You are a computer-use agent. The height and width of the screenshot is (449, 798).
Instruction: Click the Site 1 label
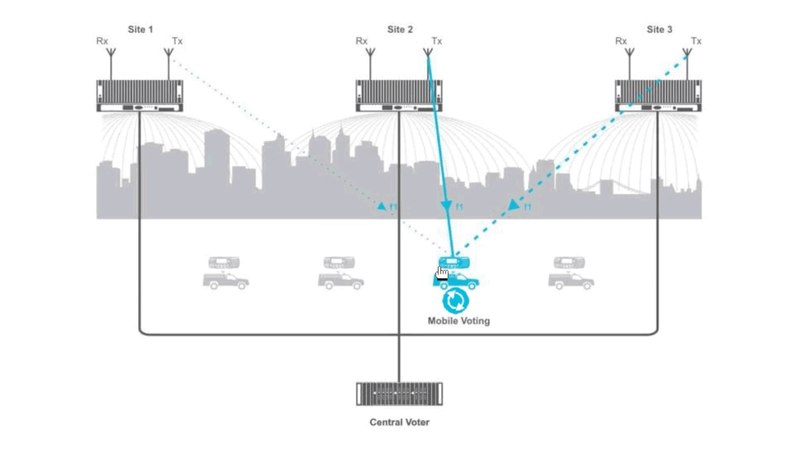coord(140,30)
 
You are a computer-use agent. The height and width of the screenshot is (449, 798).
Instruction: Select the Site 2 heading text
coord(400,30)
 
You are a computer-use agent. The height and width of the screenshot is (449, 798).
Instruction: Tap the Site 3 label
coord(659,30)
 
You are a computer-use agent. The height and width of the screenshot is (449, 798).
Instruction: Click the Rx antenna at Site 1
coord(111,53)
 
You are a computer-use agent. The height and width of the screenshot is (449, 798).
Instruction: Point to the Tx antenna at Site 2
coord(428,53)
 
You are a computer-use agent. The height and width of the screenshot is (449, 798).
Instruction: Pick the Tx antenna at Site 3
coord(687,53)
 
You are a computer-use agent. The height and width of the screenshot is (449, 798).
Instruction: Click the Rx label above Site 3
coord(621,41)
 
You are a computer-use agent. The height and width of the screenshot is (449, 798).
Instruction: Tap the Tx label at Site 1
coord(177,41)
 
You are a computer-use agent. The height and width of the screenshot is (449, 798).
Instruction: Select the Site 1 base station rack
coord(140,96)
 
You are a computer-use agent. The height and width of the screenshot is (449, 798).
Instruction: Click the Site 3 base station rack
coord(658,96)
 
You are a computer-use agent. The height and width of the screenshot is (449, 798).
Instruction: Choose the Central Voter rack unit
coord(399,394)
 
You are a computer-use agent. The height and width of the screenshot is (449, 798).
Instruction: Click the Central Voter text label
coord(399,422)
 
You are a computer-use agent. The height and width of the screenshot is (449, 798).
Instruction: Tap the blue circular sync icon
coord(456,301)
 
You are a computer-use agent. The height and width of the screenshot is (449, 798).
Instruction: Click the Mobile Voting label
coord(458,321)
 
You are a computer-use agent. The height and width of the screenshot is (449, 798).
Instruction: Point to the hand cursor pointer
coord(442,273)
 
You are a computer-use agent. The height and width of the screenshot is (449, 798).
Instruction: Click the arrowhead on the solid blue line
coord(446,205)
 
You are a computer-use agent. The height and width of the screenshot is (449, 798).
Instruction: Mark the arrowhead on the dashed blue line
coord(513,205)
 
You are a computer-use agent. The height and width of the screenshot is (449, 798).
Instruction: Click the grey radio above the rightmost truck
coord(569,263)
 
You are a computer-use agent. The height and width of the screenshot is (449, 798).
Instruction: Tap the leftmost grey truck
coord(226,281)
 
